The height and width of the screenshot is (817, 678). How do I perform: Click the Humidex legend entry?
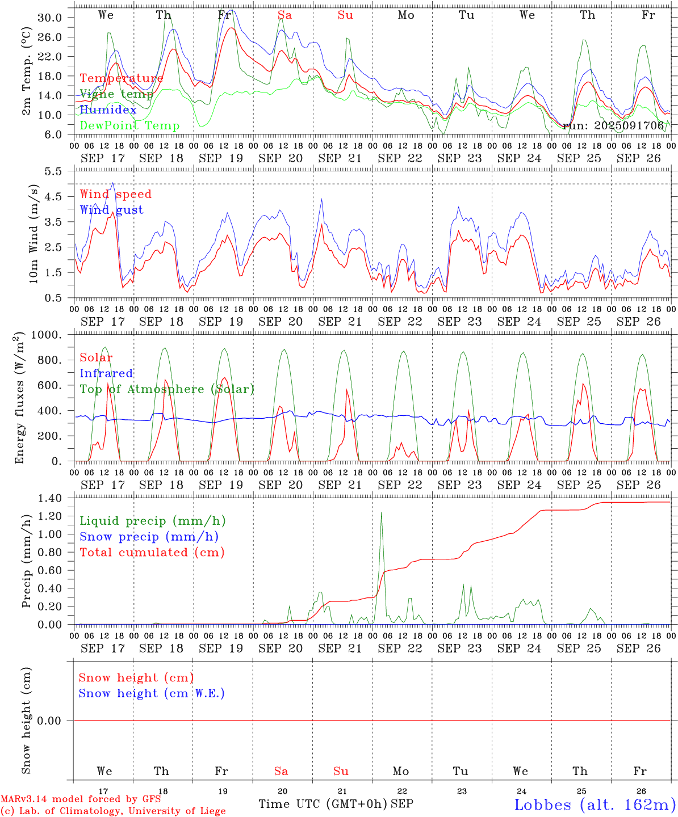(x=108, y=110)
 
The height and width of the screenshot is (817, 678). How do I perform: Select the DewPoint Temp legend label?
(x=129, y=126)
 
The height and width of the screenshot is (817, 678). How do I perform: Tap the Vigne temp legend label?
(x=116, y=94)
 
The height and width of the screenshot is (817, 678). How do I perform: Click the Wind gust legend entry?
(x=111, y=210)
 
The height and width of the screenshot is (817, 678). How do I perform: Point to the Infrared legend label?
(x=106, y=373)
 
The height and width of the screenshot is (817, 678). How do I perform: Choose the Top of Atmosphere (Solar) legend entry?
(x=167, y=389)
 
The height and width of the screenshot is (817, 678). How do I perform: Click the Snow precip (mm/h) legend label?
(x=149, y=537)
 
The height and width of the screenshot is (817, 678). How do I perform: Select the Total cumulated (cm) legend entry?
(x=152, y=553)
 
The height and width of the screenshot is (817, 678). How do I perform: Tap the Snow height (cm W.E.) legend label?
(x=152, y=693)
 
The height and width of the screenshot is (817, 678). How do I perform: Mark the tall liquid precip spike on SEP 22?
(x=381, y=514)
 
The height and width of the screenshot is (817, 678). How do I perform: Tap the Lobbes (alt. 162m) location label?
(x=595, y=805)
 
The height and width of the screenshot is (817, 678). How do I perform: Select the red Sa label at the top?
(x=284, y=15)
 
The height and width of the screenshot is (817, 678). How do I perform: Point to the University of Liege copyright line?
(x=113, y=811)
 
